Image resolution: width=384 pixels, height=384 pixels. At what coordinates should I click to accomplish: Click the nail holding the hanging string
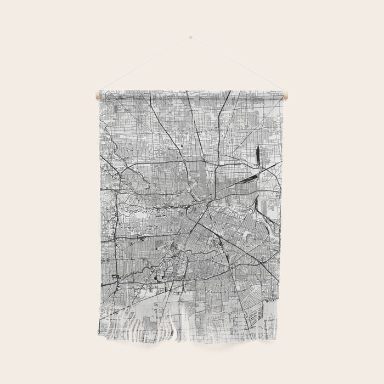(190, 37)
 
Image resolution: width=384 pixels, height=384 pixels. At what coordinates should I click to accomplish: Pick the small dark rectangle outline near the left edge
(116, 277)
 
